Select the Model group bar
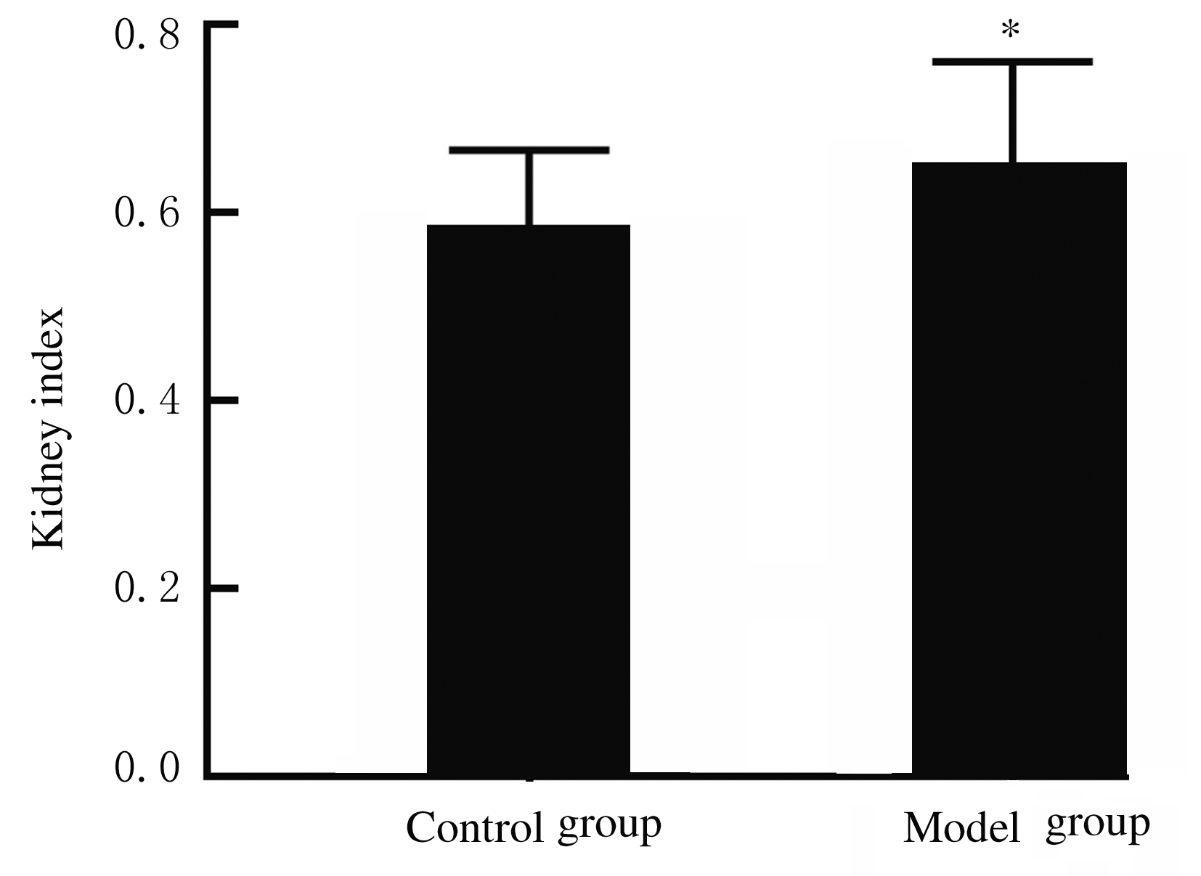coord(1019,468)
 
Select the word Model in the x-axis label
coord(962,829)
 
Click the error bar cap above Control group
coord(529,150)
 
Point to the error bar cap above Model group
coord(1012,62)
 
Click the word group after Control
coord(609,827)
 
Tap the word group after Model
coord(1097,826)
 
